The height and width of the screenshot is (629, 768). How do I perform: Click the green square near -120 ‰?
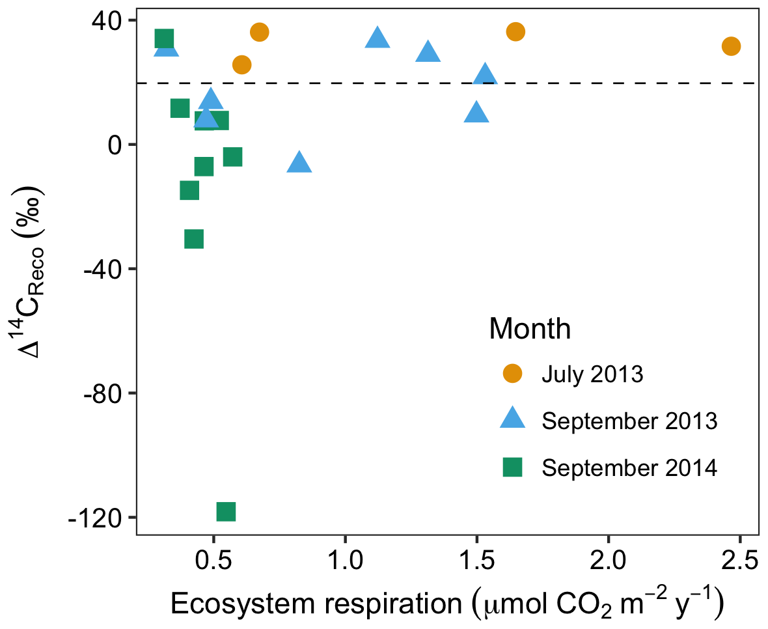point(226,512)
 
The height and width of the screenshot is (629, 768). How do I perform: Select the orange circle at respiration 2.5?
point(731,46)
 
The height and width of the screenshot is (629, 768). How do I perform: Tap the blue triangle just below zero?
point(299,163)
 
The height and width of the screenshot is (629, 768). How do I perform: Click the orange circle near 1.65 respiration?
point(515,32)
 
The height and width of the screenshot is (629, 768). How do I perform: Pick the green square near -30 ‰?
point(194,239)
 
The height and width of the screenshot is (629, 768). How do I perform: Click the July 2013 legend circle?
point(512,374)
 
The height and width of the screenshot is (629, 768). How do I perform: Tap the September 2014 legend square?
point(512,467)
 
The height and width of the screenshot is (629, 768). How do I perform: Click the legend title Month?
point(530,329)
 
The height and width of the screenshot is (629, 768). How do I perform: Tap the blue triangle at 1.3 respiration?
point(428,52)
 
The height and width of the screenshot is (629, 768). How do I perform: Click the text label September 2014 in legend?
point(629,468)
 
